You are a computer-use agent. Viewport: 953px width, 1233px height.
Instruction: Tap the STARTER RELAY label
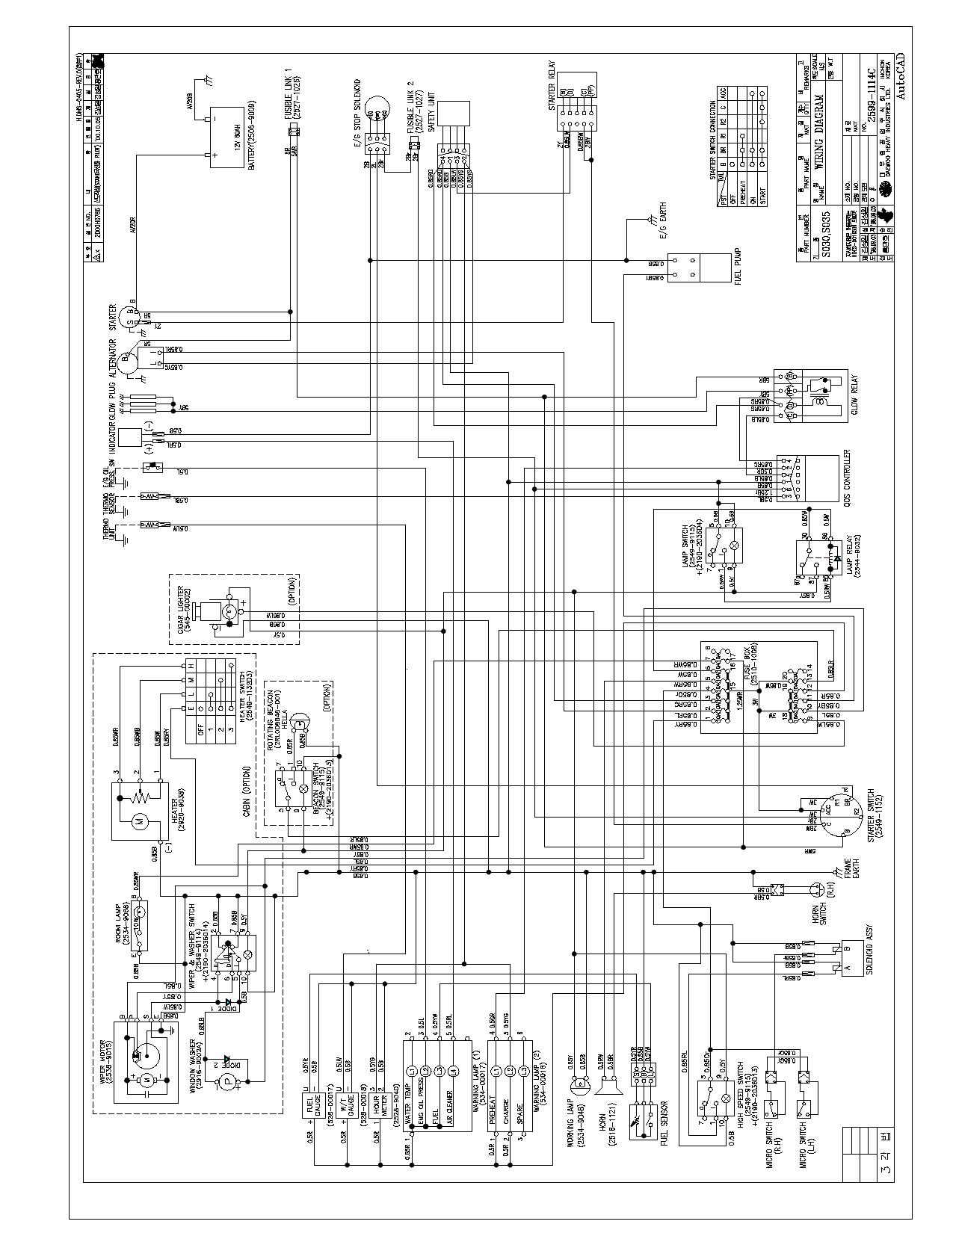click(x=552, y=88)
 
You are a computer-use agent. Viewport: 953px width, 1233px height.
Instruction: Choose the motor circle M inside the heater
click(x=138, y=822)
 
